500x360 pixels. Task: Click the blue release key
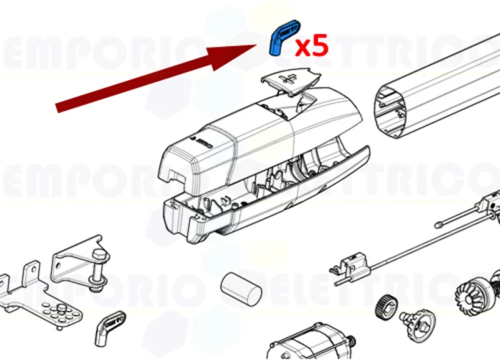[x=282, y=39]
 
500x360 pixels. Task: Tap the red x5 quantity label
[x=312, y=46]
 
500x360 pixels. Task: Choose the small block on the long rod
[x=352, y=260]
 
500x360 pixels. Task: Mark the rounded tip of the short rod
[x=439, y=225]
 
